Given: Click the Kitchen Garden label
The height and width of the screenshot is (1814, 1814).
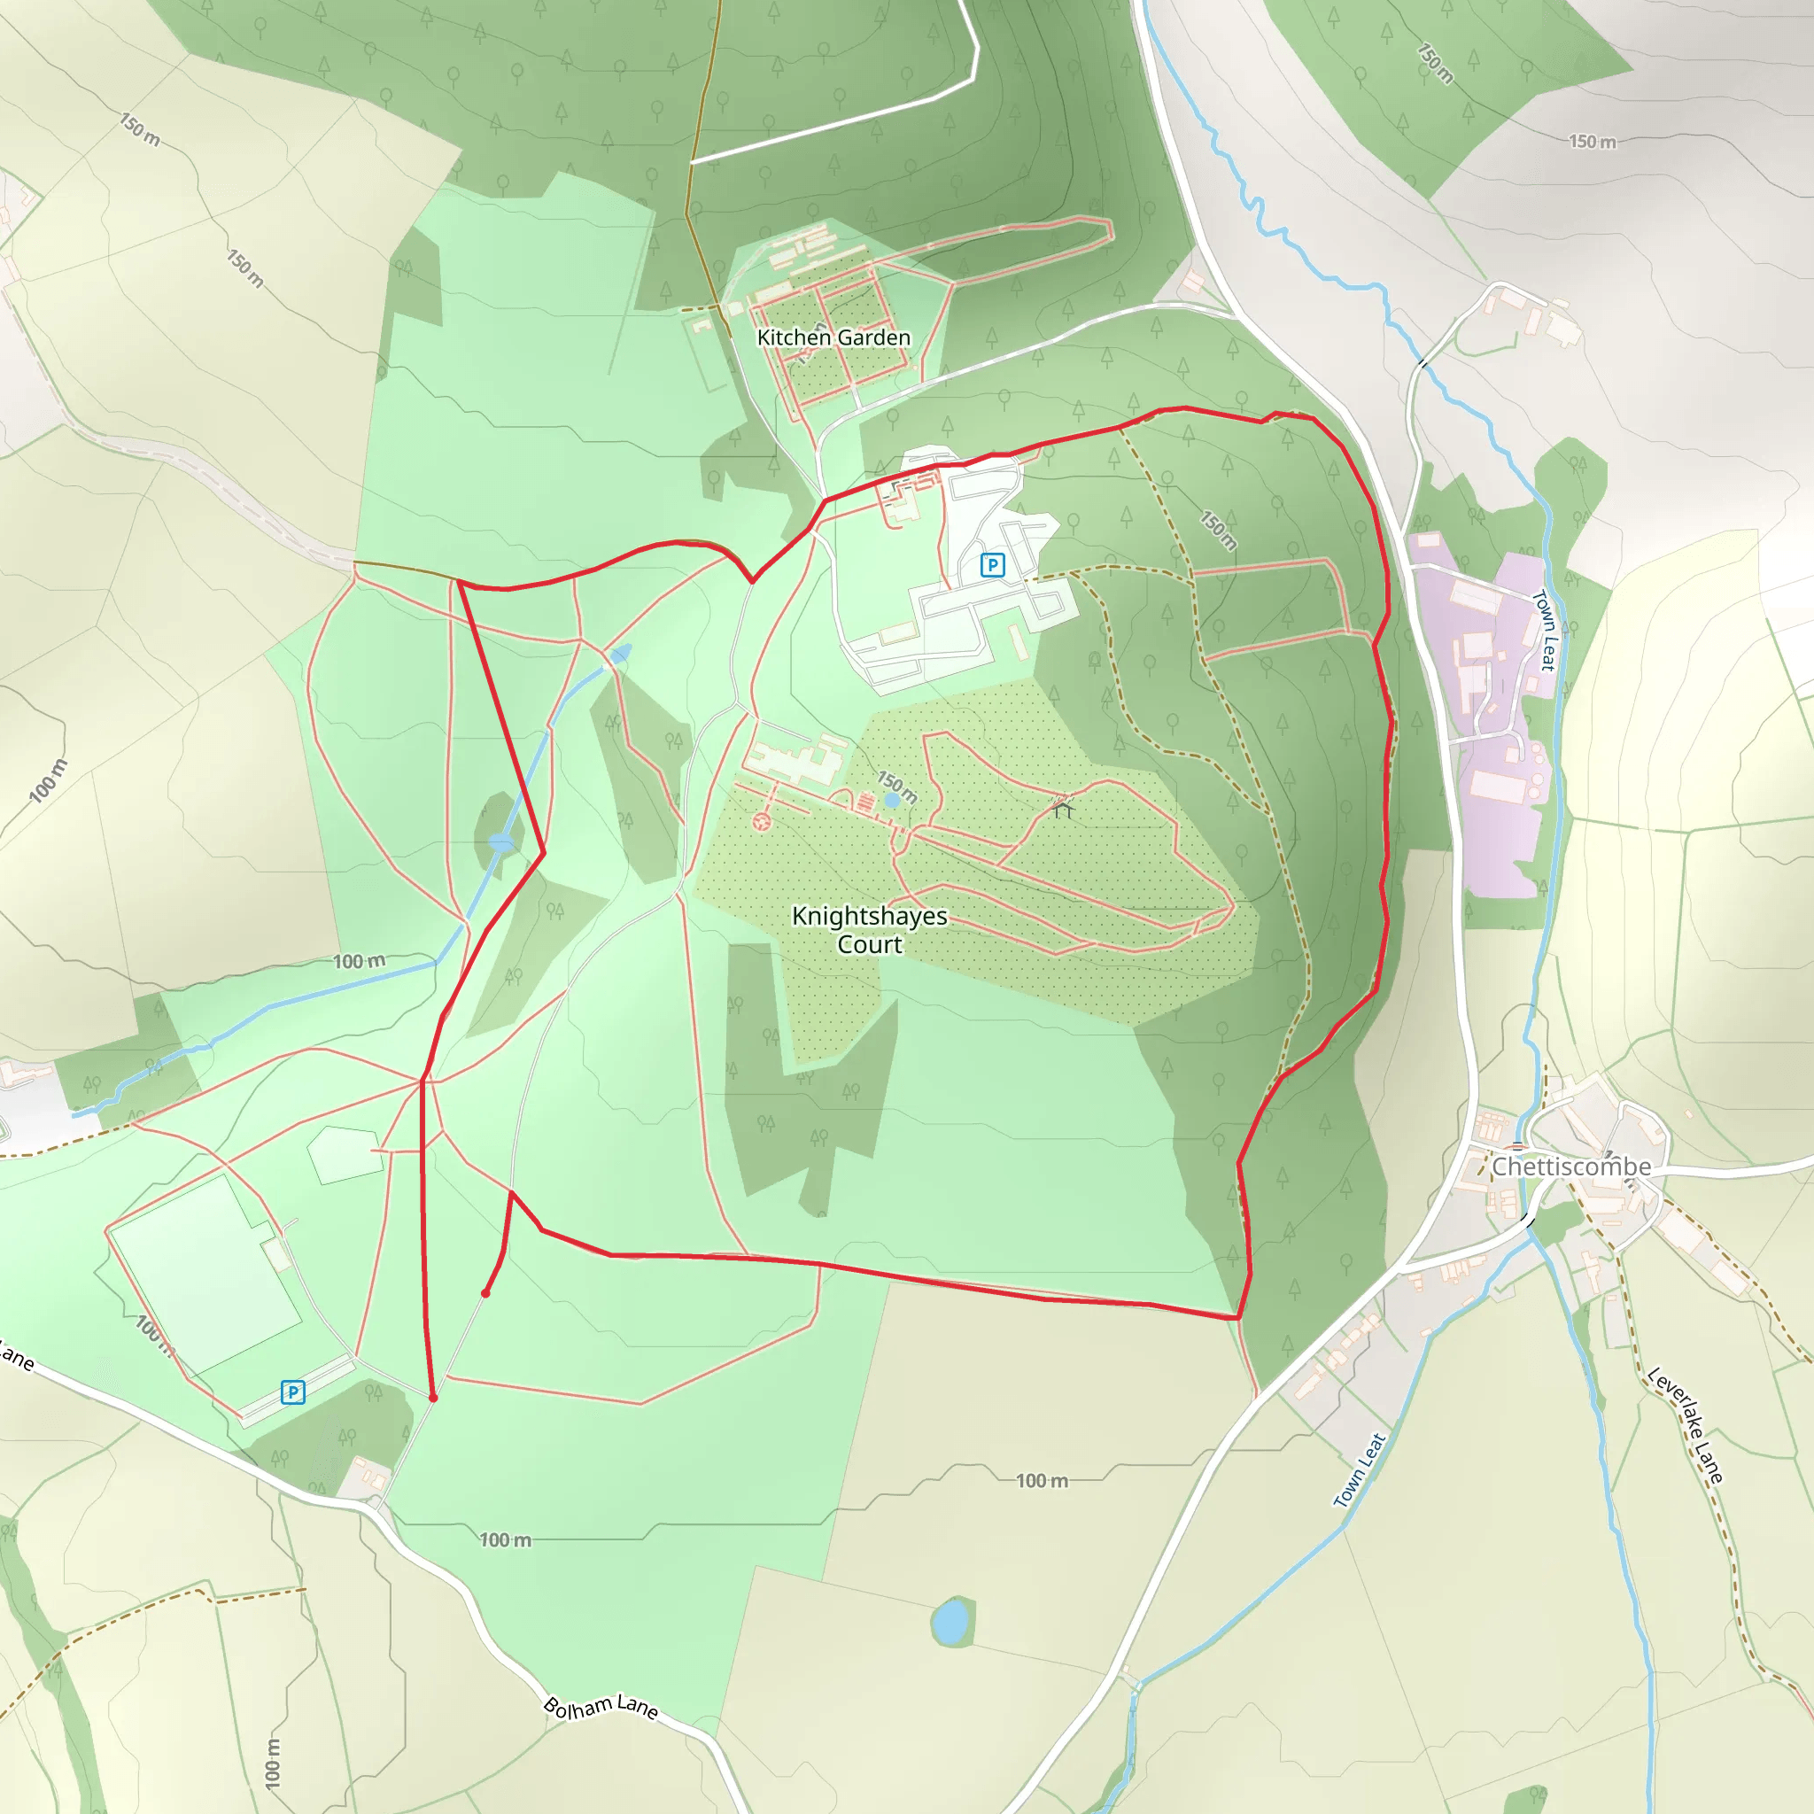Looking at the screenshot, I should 833,337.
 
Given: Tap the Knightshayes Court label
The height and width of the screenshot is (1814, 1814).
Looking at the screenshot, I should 870,929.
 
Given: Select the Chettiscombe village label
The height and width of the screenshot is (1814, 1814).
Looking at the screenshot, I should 1570,1167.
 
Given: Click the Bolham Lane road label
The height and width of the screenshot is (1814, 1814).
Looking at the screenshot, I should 601,1707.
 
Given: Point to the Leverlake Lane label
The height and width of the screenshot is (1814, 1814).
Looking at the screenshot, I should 1686,1426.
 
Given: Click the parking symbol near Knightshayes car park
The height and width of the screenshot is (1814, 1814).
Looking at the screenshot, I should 992,565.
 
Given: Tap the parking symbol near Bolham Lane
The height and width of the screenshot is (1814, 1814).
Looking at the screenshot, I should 293,1392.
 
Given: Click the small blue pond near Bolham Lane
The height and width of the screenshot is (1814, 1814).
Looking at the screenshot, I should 951,1621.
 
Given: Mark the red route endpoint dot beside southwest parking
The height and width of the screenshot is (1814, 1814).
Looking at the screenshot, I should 433,1398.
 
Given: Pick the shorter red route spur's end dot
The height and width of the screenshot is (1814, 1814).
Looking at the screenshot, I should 485,1294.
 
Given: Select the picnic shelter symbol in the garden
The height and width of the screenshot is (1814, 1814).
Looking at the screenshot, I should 1062,806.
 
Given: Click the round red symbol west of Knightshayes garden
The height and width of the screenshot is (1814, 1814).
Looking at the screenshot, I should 762,822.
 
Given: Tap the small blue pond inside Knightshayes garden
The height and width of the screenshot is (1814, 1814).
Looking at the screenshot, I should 891,800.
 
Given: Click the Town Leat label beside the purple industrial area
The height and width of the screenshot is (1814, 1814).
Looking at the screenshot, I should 1545,630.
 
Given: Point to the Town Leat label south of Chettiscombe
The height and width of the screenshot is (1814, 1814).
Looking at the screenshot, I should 1360,1470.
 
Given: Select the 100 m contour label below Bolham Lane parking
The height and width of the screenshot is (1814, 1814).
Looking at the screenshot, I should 506,1539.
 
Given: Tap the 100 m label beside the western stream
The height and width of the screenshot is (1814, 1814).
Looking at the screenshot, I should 359,961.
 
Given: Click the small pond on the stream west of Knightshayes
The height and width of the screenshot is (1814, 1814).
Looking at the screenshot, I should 501,843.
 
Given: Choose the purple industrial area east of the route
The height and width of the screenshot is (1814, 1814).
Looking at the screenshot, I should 1492,714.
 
